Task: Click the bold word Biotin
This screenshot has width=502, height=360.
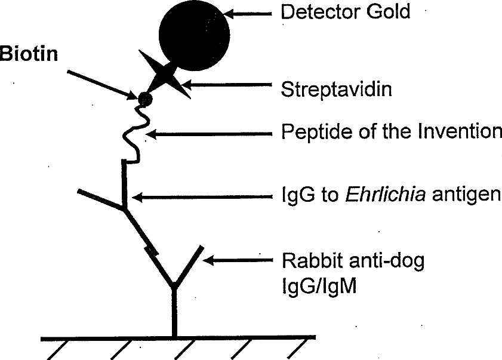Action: tap(29, 54)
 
